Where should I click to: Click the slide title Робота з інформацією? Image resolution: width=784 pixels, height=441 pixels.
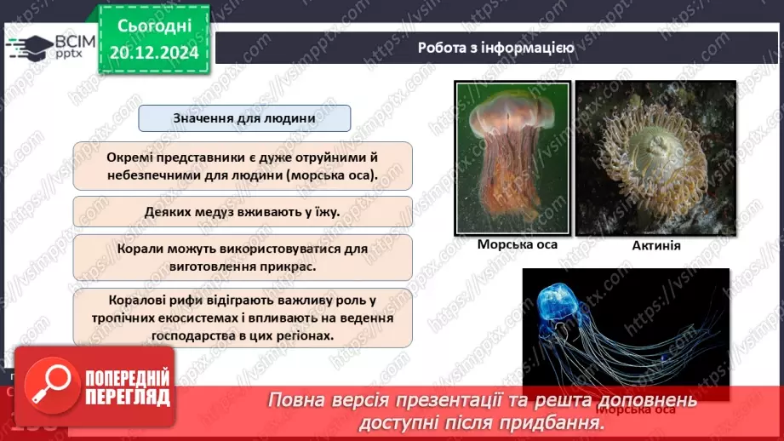[x=495, y=48]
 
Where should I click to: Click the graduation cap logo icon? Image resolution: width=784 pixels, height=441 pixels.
[x=28, y=46]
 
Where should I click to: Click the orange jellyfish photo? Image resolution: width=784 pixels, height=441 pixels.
[x=511, y=157]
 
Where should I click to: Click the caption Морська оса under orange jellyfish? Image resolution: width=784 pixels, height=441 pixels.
[x=517, y=244]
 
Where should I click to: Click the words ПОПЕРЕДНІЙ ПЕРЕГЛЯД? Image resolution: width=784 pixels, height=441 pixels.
[x=128, y=388]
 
